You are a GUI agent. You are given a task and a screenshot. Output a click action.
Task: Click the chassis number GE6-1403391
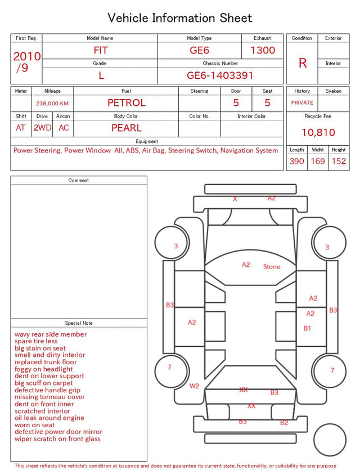click(220, 75)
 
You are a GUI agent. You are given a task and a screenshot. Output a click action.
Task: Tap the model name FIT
click(101, 50)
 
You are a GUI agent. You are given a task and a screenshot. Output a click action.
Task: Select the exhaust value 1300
click(263, 50)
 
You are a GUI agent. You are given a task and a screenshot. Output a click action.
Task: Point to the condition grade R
click(303, 63)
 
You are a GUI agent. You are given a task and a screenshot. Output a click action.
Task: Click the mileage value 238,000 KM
click(52, 104)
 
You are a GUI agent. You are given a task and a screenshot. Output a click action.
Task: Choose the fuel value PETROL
click(127, 103)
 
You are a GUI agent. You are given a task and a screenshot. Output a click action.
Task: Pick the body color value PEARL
click(127, 128)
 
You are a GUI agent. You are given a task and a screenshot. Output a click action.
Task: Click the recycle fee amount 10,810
click(318, 132)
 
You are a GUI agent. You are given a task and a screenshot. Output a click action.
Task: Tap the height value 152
click(339, 161)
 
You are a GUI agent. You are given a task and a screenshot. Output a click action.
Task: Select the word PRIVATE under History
click(302, 102)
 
